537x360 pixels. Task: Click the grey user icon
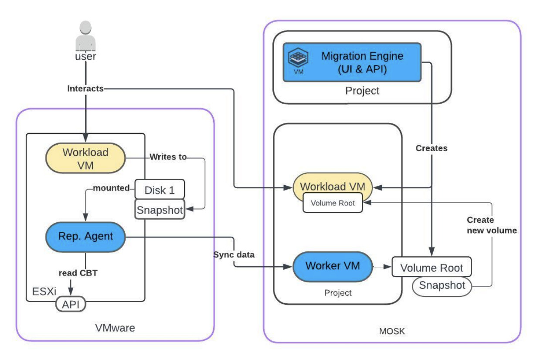85,34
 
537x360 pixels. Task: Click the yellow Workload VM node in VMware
85,159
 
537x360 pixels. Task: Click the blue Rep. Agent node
85,237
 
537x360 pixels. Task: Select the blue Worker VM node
333,265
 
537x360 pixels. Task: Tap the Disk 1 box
160,190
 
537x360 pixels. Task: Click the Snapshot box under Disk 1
160,210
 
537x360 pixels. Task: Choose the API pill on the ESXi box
70,304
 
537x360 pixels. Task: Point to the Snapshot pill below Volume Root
442,286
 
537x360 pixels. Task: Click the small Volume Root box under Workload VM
333,203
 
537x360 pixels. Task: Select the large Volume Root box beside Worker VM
432,267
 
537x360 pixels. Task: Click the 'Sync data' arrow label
233,255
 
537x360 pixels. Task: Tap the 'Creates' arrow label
431,148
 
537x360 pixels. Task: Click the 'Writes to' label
168,157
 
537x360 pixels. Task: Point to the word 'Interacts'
85,89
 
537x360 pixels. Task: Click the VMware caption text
115,328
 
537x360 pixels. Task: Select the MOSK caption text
391,331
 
